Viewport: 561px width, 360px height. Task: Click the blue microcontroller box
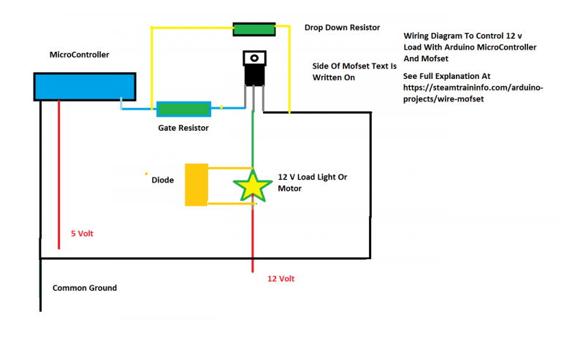[85, 86]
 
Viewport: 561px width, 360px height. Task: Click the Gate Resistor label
[183, 128]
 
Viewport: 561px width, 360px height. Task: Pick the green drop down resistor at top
[254, 29]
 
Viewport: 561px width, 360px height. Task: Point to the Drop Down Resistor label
[342, 28]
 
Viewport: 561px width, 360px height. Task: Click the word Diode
[162, 180]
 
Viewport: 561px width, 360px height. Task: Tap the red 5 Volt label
[82, 234]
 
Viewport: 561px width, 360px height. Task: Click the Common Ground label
[84, 288]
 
